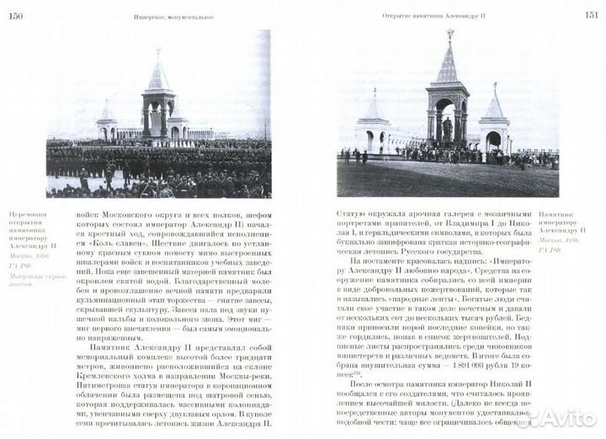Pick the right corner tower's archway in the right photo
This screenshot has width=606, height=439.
[493, 139]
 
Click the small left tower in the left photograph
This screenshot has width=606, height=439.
[107, 122]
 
